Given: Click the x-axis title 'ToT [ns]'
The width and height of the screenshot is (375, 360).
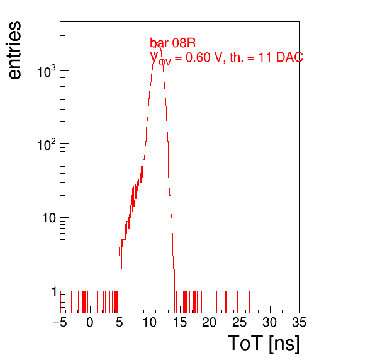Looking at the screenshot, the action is (264, 344).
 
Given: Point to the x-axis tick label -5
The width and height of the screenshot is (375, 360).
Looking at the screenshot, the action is (60, 322).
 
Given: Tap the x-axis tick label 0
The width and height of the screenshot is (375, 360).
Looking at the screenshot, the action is (90, 322).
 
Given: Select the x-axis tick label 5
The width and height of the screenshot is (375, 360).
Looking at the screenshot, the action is (120, 322).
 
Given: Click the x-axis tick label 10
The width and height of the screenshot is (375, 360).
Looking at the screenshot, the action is (150, 322).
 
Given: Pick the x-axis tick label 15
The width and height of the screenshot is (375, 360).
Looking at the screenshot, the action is (180, 322).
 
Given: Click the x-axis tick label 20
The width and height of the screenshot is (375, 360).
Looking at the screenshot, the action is (210, 322).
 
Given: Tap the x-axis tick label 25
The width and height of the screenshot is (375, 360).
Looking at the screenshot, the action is (240, 322).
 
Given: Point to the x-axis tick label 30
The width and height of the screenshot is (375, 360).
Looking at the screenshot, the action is (270, 322).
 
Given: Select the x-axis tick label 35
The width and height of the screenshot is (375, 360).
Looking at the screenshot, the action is (299, 322).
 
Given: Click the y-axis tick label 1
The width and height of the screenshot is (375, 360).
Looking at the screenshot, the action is (54, 291).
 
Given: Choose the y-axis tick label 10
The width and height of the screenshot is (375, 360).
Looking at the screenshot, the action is (50, 218).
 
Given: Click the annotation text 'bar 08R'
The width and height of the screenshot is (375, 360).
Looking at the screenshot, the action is (172, 43).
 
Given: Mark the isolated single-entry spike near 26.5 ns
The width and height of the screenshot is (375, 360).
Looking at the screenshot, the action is (249, 302).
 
